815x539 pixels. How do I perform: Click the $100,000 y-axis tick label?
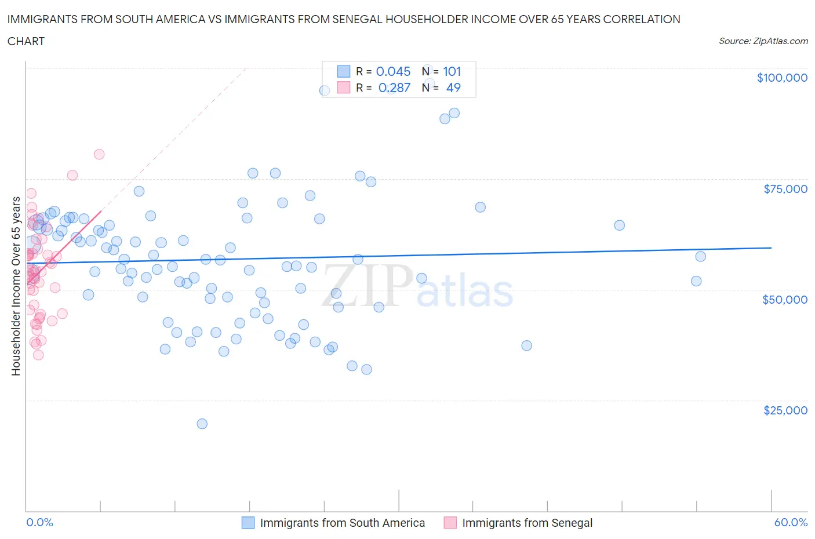click(x=782, y=78)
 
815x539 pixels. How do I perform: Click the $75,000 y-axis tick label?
click(x=785, y=189)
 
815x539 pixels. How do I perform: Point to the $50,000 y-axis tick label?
click(x=785, y=300)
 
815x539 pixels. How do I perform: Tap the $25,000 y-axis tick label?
click(x=785, y=410)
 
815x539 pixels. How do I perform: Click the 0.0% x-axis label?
click(x=39, y=522)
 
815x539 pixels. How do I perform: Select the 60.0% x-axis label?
click(x=791, y=522)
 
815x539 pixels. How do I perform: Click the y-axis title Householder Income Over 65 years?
click(x=16, y=286)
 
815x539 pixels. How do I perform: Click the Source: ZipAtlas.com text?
click(x=763, y=41)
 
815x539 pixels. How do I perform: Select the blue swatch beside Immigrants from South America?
click(x=248, y=523)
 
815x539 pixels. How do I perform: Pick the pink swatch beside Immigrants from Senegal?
click(x=450, y=523)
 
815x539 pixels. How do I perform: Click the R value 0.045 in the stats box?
click(x=393, y=71)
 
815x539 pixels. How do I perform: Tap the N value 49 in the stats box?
click(x=453, y=88)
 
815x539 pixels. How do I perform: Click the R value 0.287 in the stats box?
click(x=394, y=88)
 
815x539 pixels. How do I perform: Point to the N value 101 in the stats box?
click(x=452, y=71)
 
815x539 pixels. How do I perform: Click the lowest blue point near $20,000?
click(x=202, y=424)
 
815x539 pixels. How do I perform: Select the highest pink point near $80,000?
click(x=99, y=154)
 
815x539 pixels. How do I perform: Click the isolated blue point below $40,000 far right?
click(x=526, y=345)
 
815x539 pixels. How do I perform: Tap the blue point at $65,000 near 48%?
click(x=619, y=225)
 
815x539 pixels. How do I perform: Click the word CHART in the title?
click(x=26, y=41)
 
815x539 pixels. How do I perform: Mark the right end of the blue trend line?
click(x=771, y=247)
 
